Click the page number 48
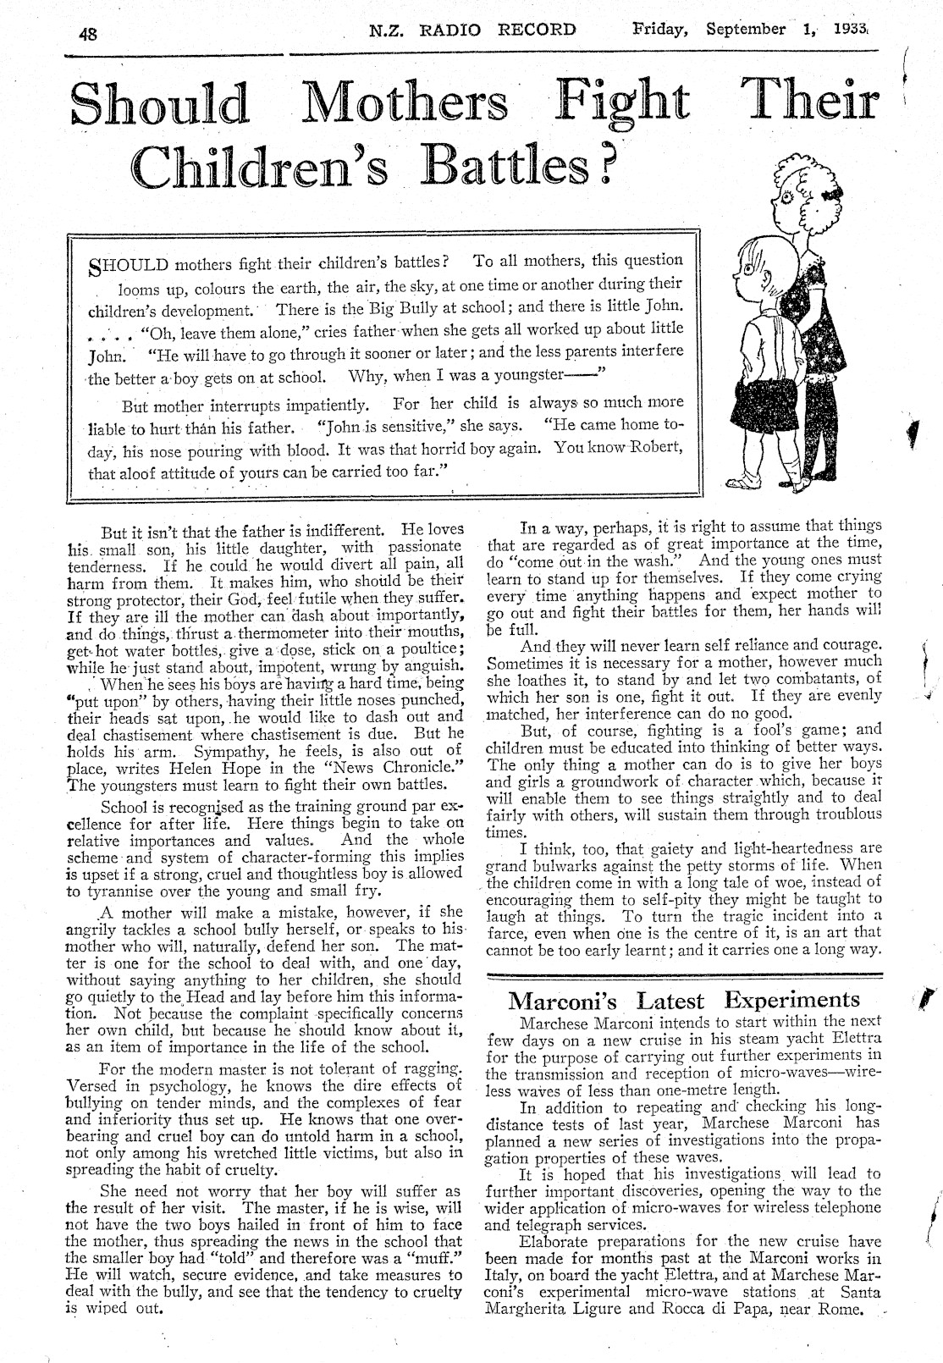coord(88,34)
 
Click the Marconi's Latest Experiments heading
coord(684,1001)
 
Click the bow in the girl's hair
coord(838,194)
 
